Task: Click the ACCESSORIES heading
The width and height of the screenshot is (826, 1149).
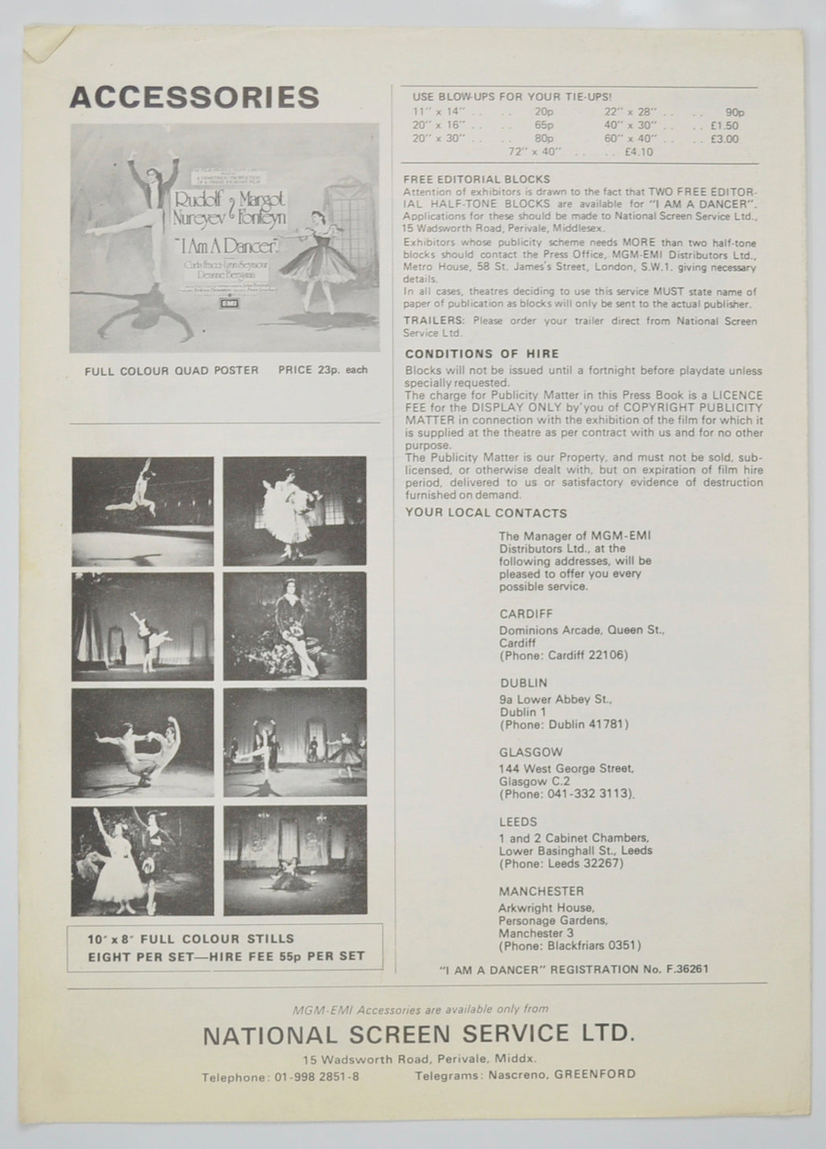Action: tap(194, 97)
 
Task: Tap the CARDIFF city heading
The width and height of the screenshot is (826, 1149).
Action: tap(525, 613)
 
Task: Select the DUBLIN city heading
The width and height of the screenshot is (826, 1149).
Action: tap(523, 683)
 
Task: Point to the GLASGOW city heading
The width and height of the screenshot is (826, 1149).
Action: tap(530, 752)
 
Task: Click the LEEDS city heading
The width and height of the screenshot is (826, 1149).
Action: tap(518, 821)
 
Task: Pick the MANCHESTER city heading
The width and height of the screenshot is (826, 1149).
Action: tap(541, 891)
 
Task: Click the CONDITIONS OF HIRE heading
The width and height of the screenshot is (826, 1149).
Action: tap(481, 354)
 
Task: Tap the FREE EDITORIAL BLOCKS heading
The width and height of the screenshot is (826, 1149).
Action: tap(476, 179)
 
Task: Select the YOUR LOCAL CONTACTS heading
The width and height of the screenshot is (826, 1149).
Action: tap(485, 513)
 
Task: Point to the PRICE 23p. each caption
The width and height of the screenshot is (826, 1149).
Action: tap(323, 370)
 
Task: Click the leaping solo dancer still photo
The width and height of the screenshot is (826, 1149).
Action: tap(142, 500)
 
